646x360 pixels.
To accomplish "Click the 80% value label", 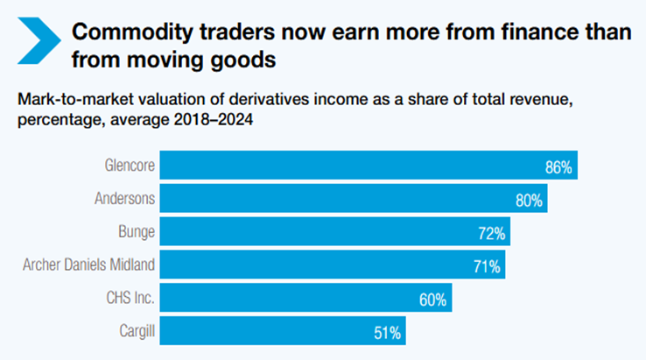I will coord(530,200).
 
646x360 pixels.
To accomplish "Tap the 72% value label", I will coord(490,233).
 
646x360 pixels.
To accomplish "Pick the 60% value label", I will coord(432,300).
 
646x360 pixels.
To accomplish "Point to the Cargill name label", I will coord(135,332).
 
